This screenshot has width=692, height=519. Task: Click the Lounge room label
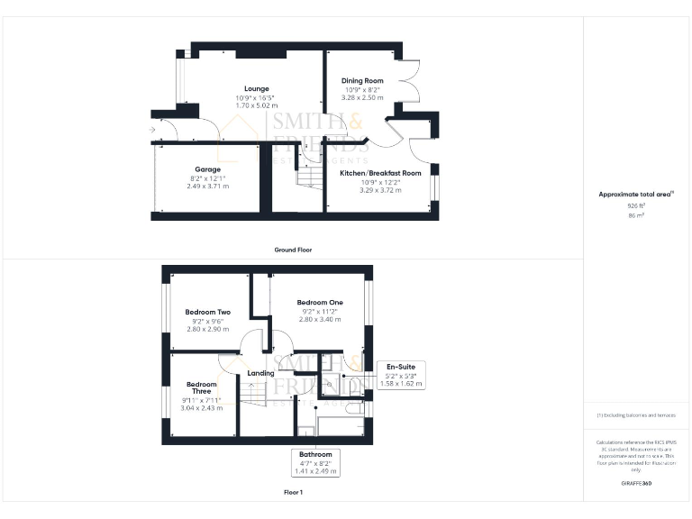(x=256, y=88)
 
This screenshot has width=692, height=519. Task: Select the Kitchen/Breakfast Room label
(x=380, y=173)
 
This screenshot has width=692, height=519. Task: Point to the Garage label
(x=208, y=169)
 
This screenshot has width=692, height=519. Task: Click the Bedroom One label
(x=320, y=302)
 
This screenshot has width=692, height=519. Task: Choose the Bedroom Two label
(x=208, y=312)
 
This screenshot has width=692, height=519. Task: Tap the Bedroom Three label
(x=202, y=389)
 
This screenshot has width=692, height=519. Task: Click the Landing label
(x=260, y=373)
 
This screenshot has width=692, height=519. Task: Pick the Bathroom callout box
(x=315, y=462)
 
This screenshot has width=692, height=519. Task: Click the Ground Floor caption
(x=294, y=250)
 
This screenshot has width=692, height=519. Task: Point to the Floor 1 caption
(x=293, y=493)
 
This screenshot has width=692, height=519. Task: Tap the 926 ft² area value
(x=636, y=205)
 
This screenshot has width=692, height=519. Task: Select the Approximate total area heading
(x=636, y=194)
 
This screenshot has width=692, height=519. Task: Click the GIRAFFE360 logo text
(x=636, y=485)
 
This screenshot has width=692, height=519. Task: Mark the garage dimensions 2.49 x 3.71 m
(x=208, y=186)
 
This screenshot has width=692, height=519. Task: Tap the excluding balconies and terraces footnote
(x=636, y=415)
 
